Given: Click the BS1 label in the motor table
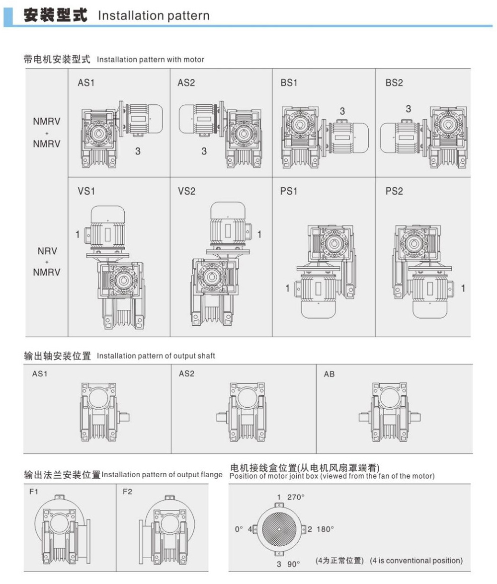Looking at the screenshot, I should [289, 83].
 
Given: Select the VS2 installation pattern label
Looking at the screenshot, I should [186, 191].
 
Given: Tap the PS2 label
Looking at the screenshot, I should [394, 191].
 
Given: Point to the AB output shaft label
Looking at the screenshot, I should [330, 374].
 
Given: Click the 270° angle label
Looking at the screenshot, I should [296, 497].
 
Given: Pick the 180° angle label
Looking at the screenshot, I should [325, 529].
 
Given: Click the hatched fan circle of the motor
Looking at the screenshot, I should [279, 529].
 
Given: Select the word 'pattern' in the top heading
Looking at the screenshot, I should [188, 16].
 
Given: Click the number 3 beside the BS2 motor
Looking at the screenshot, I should [409, 109].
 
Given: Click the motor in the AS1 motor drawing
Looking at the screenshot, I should [144, 120].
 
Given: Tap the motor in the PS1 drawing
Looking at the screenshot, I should [318, 295].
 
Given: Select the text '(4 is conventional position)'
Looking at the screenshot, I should [416, 561].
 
